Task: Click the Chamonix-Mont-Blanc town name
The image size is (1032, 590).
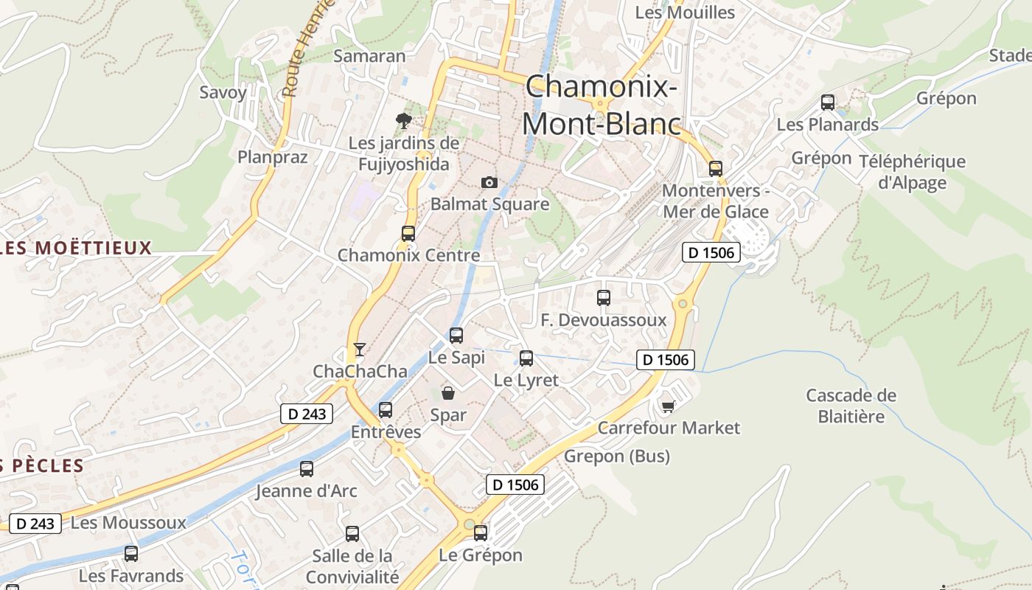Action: tap(601, 105)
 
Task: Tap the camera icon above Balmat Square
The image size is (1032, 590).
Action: tap(489, 182)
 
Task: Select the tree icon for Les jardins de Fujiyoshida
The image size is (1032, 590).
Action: tap(403, 120)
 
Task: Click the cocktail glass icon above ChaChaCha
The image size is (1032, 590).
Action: tap(360, 349)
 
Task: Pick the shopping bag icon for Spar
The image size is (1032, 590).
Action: tap(447, 392)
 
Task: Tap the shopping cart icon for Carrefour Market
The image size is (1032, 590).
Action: tap(669, 406)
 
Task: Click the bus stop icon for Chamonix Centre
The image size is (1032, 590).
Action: tap(408, 234)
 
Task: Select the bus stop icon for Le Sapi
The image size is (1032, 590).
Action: tap(456, 336)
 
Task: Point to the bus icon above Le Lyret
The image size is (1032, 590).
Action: tap(526, 358)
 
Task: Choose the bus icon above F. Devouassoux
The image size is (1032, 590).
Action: tap(603, 298)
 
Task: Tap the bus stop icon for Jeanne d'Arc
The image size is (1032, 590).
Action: tap(307, 468)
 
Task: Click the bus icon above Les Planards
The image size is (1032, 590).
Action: tap(827, 103)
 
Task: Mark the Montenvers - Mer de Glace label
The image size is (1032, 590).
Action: tap(715, 201)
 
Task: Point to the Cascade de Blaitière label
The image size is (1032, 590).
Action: tap(851, 406)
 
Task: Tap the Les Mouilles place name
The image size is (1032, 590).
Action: tap(685, 13)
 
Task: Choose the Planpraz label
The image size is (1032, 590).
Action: tap(272, 156)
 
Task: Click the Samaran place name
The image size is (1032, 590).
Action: tap(369, 56)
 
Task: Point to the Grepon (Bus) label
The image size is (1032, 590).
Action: tap(616, 457)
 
